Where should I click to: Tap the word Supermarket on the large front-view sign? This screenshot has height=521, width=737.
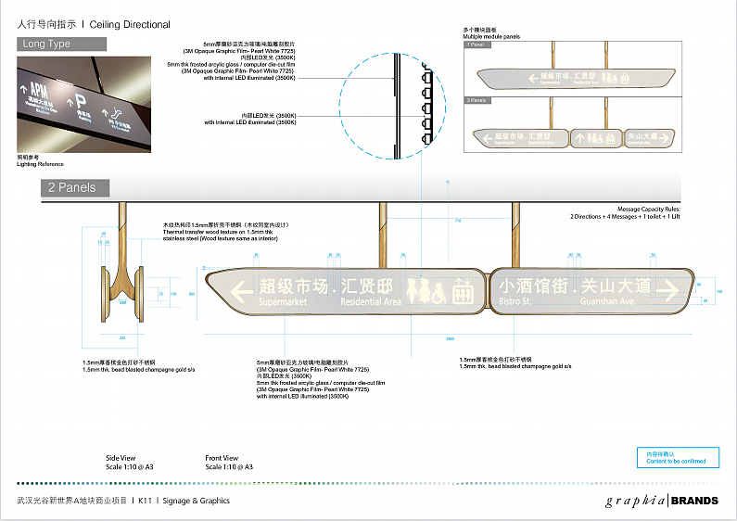283,302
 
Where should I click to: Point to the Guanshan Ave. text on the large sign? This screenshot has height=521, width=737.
602,301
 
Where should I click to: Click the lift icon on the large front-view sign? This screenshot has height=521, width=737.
464,290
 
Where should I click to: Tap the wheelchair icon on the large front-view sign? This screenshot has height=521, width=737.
443,290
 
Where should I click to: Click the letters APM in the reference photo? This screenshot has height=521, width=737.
39,89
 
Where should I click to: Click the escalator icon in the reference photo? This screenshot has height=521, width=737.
114,118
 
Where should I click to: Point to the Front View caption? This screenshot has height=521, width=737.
222,458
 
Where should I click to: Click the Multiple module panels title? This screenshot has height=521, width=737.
490,35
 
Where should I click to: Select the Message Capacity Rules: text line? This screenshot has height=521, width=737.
603,211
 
